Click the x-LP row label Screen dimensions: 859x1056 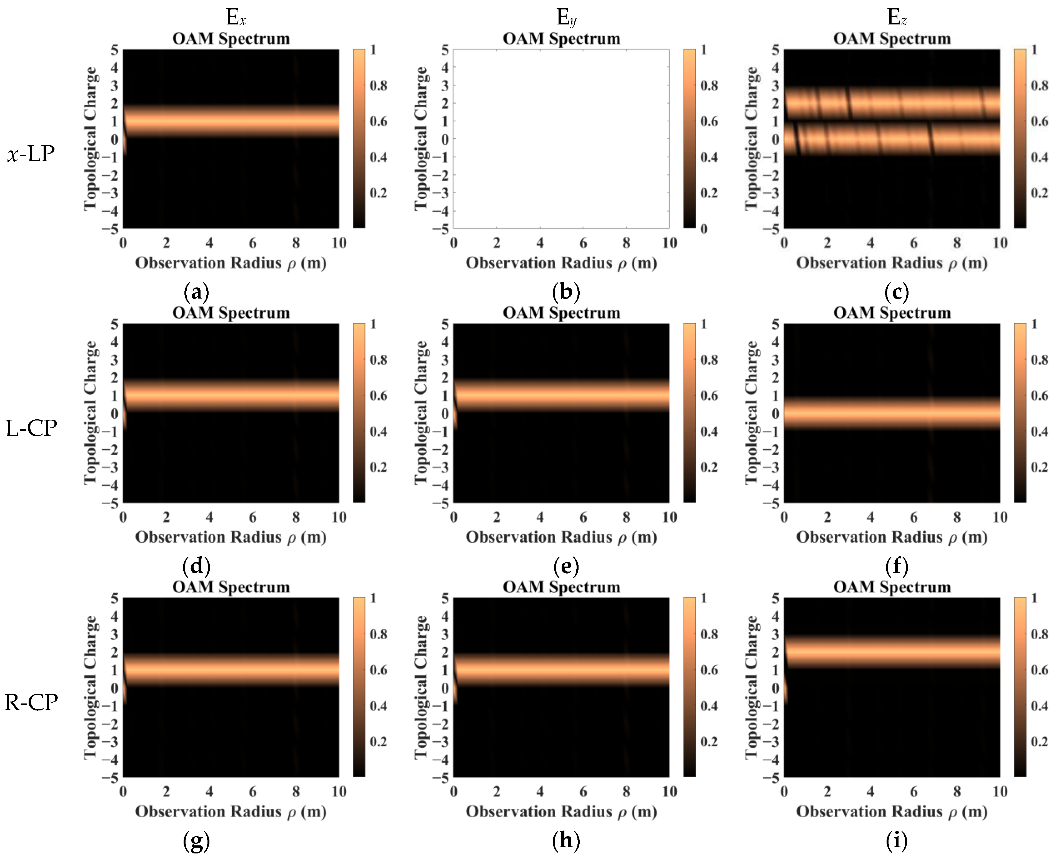[x=31, y=154]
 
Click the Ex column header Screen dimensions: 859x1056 [x=236, y=18]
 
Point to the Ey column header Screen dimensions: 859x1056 [x=566, y=18]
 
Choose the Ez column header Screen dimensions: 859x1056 [x=897, y=18]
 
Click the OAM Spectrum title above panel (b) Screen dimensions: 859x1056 [x=561, y=39]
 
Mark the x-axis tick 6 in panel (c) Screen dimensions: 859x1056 [x=914, y=243]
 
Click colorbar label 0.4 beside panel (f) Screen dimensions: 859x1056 [x=1039, y=432]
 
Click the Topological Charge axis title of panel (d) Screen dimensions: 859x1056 [x=91, y=413]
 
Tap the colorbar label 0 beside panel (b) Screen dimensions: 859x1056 [x=704, y=229]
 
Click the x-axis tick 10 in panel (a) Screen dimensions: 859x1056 [x=339, y=243]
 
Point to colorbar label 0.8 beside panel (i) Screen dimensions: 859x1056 [x=1039, y=634]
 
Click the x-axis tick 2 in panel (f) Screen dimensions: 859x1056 [x=827, y=517]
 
